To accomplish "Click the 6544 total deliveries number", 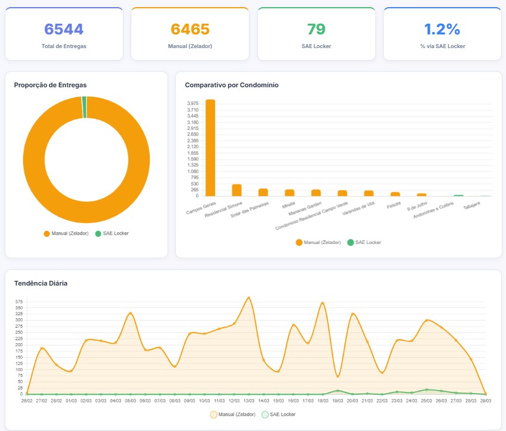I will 64,29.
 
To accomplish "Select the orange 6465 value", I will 190,29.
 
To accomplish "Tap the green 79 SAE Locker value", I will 316,29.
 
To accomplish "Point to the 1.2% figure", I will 442,29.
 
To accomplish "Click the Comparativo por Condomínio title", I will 232,85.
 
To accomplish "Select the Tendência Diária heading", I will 41,283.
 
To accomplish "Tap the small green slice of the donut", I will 84,107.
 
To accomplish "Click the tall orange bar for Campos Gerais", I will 210,148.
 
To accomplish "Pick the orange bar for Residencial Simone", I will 236,190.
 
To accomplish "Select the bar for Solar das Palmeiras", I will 263,192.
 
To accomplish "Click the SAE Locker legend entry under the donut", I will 112,233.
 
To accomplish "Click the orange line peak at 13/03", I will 249,297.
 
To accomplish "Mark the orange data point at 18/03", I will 322,303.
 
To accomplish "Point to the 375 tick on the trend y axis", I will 19,301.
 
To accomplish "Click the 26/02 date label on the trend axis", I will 27,401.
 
